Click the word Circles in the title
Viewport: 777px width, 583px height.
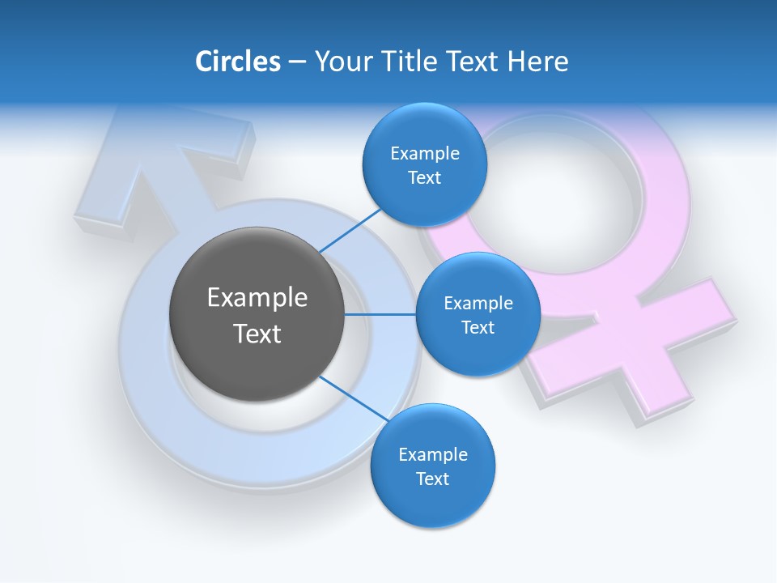pos(237,62)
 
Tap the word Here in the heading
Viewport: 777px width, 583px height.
pos(537,62)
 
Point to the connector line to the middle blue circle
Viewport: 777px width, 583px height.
pos(380,314)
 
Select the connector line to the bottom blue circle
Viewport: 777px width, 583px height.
pos(353,399)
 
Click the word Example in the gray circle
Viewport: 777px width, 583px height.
pos(257,298)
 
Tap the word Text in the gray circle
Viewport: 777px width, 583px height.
pos(257,334)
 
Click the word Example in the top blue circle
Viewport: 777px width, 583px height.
pos(424,154)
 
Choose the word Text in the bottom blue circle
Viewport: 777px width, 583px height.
pos(432,479)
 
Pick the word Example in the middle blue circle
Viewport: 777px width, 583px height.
pos(478,304)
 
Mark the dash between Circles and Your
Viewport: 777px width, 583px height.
pos(296,62)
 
